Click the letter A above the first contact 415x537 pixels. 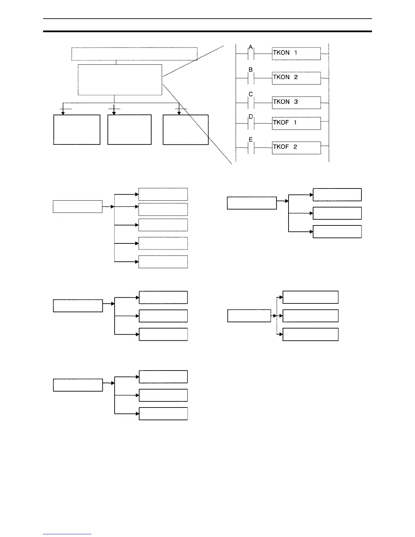(x=251, y=47)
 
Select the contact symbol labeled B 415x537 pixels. (x=251, y=78)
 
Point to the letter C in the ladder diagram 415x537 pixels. (x=251, y=94)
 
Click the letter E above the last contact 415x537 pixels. (x=251, y=139)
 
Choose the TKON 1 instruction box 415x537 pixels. (x=296, y=54)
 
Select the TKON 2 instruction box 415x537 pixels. (x=296, y=78)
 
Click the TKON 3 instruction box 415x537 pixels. (x=296, y=102)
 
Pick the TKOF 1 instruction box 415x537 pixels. (x=296, y=123)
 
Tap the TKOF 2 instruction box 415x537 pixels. (x=296, y=148)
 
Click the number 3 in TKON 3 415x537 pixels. (x=296, y=102)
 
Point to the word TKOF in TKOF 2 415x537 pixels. (x=281, y=147)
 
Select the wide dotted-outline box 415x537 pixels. (x=134, y=54)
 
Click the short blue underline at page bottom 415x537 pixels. (x=67, y=534)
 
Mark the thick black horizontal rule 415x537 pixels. (x=207, y=32)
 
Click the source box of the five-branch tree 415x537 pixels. (x=78, y=206)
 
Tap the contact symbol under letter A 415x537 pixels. (x=251, y=54)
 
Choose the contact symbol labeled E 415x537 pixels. (x=251, y=148)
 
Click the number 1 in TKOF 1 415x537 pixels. (x=295, y=122)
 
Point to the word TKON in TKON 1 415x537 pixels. (x=281, y=53)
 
